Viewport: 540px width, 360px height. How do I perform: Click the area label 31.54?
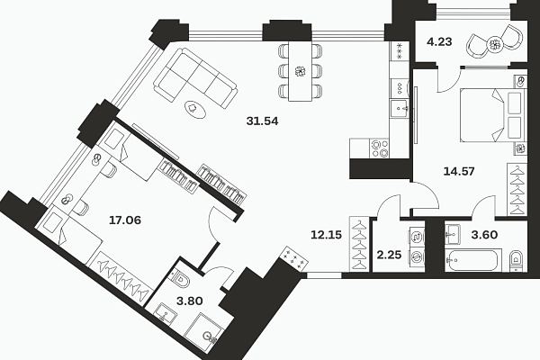click(x=263, y=121)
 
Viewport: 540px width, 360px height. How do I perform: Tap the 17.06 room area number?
click(x=125, y=220)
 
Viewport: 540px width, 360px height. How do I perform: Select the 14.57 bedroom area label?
click(x=459, y=171)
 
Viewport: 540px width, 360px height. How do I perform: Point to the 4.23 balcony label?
click(x=439, y=42)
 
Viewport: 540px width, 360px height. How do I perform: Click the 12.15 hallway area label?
click(x=326, y=235)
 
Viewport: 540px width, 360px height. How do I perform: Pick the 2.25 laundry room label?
click(x=389, y=255)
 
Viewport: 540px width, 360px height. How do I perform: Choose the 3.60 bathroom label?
click(x=484, y=235)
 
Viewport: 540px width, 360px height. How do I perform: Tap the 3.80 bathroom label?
click(x=189, y=301)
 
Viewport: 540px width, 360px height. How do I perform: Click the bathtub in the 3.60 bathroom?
click(x=471, y=260)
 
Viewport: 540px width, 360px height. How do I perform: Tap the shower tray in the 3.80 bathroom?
click(x=204, y=330)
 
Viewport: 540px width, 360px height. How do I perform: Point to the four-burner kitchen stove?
click(x=380, y=148)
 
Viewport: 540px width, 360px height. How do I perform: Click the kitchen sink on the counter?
click(x=400, y=108)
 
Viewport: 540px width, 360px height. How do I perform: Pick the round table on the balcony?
click(x=495, y=44)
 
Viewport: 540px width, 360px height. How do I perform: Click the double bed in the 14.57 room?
click(x=493, y=115)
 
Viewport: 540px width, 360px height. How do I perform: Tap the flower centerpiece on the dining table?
click(x=301, y=71)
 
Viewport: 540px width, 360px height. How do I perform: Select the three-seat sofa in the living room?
click(x=195, y=79)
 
